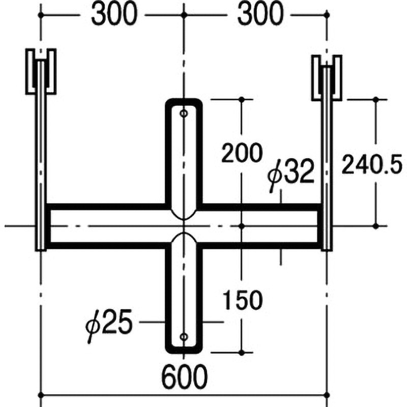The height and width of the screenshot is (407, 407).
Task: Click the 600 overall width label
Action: (x=185, y=377)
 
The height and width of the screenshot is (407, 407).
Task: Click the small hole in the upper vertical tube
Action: (x=184, y=113)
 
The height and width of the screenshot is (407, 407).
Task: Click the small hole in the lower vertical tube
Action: (x=184, y=336)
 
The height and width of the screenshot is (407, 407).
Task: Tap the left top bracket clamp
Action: (x=41, y=71)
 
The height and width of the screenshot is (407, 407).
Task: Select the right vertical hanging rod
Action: (x=327, y=163)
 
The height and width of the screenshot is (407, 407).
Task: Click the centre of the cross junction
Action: (x=184, y=225)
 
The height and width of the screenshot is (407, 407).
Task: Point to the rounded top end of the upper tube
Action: (x=184, y=101)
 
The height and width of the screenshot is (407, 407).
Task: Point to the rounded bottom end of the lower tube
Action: (x=184, y=350)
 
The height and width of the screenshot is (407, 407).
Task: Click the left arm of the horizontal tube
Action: (x=107, y=225)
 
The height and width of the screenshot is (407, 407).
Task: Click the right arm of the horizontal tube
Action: (x=259, y=225)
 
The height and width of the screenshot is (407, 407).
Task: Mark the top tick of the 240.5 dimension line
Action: (x=376, y=100)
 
